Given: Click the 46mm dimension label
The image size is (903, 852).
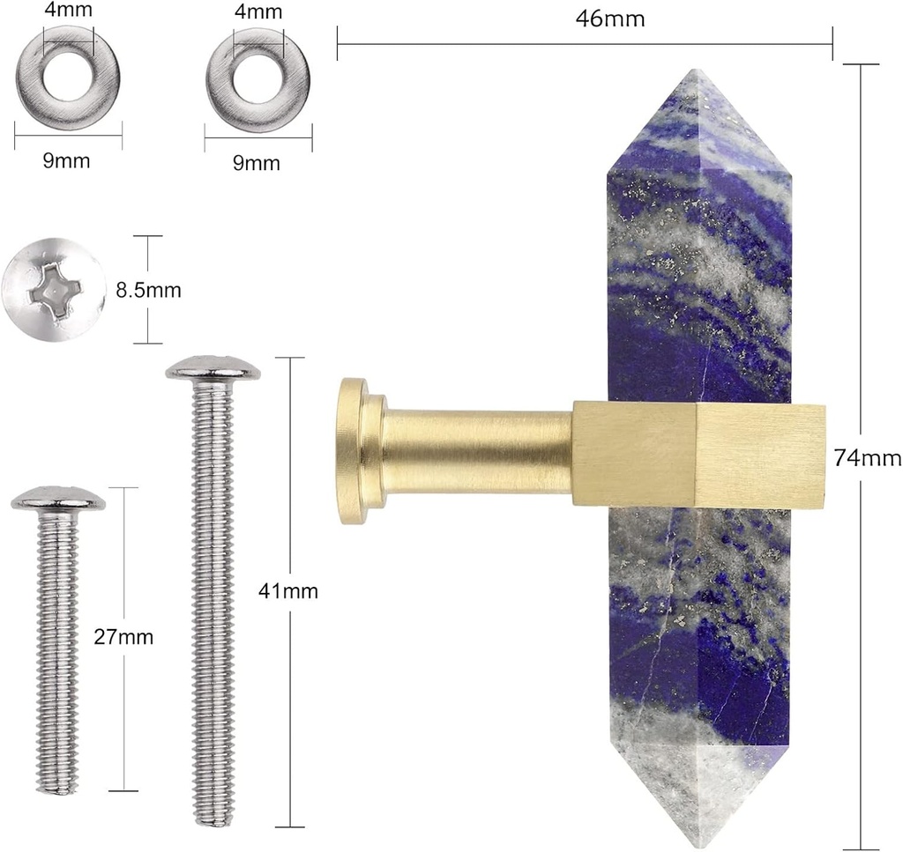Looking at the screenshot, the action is click(610, 19).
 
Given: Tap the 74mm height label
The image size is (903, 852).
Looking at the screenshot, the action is click(868, 458).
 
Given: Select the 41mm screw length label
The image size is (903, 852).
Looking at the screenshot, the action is click(288, 591).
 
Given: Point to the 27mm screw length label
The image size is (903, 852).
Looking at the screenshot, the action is click(123, 637).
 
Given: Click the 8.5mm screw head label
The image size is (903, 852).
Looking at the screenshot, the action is click(148, 290).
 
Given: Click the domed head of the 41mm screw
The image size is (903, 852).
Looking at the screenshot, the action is click(213, 368).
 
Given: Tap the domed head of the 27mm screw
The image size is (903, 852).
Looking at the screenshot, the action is click(58, 498).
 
